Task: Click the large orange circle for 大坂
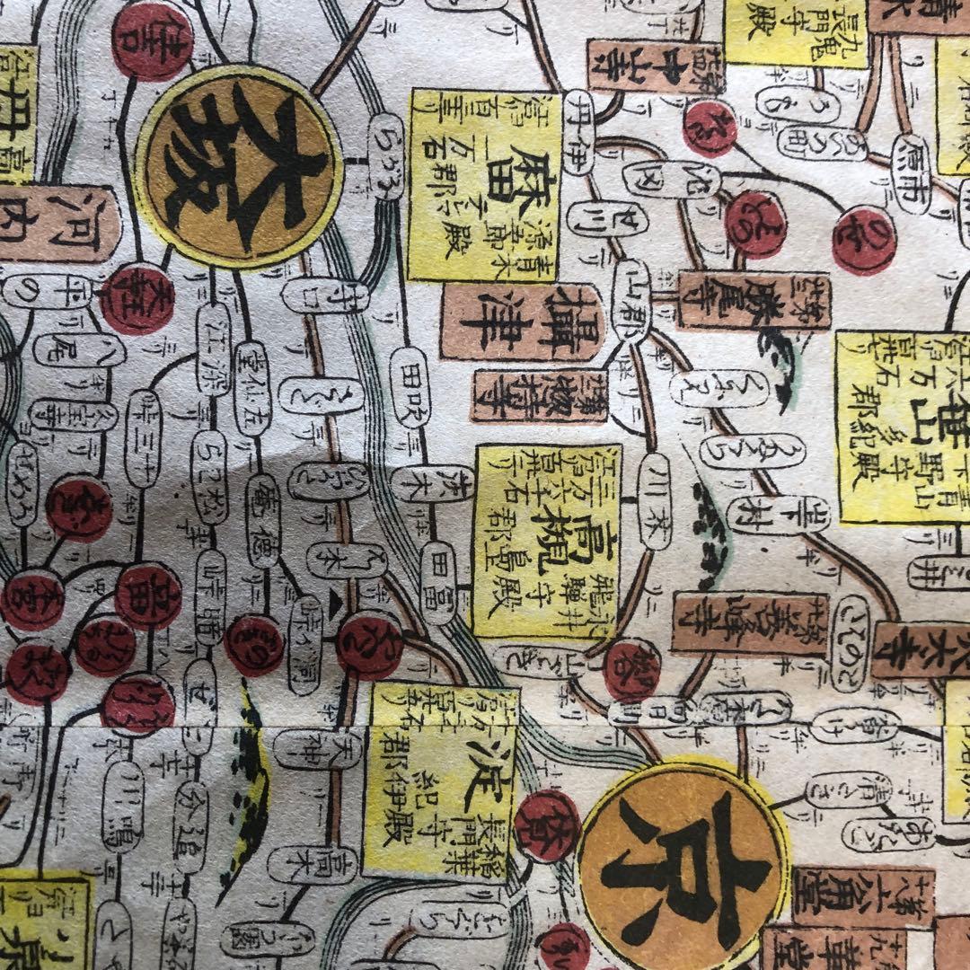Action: click(239, 167)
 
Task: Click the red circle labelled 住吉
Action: click(152, 40)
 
